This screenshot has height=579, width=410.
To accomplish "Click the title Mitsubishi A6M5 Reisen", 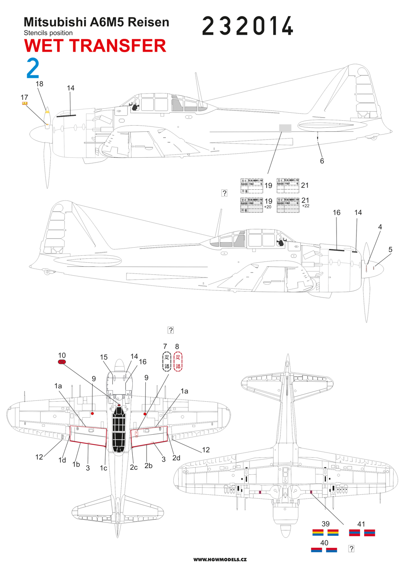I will click(96, 23).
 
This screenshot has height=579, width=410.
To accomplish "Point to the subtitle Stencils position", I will click(48, 33).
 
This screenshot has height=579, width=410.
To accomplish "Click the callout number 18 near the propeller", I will click(39, 84).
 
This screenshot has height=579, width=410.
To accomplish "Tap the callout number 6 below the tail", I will click(322, 161).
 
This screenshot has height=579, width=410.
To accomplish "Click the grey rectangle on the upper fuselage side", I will click(285, 128).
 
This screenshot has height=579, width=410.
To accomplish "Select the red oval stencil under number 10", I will click(62, 362).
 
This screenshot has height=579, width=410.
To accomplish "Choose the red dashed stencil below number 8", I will click(178, 362).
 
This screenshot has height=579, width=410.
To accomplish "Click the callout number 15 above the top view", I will click(104, 357).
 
